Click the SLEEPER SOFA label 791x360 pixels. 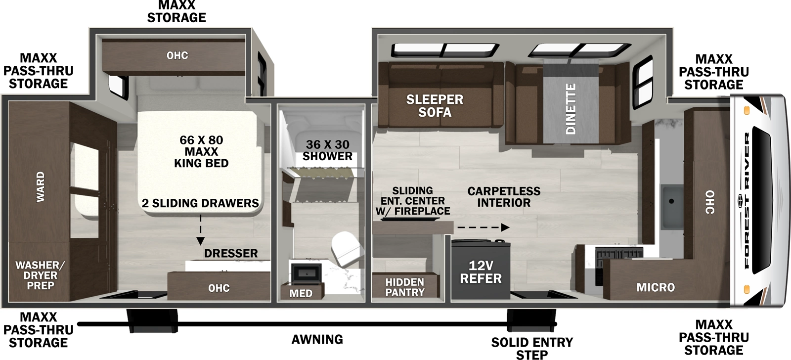(x=435, y=106)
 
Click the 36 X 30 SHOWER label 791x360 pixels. (x=327, y=150)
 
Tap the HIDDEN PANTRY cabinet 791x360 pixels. (x=405, y=287)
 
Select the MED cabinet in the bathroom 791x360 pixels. (x=301, y=293)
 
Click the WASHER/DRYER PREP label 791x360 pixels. (x=40, y=275)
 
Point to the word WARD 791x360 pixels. (x=40, y=186)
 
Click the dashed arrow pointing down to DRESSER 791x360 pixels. (x=200, y=230)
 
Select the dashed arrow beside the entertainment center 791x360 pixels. (x=482, y=227)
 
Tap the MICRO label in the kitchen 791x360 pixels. (x=656, y=287)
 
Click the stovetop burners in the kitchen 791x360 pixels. (x=618, y=254)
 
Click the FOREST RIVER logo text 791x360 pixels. (x=746, y=200)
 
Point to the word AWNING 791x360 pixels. (x=317, y=340)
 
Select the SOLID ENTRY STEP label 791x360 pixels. (x=532, y=348)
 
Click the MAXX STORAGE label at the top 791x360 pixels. (x=176, y=12)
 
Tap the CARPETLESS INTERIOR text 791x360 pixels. (x=503, y=197)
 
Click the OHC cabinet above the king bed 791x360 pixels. (x=176, y=55)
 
